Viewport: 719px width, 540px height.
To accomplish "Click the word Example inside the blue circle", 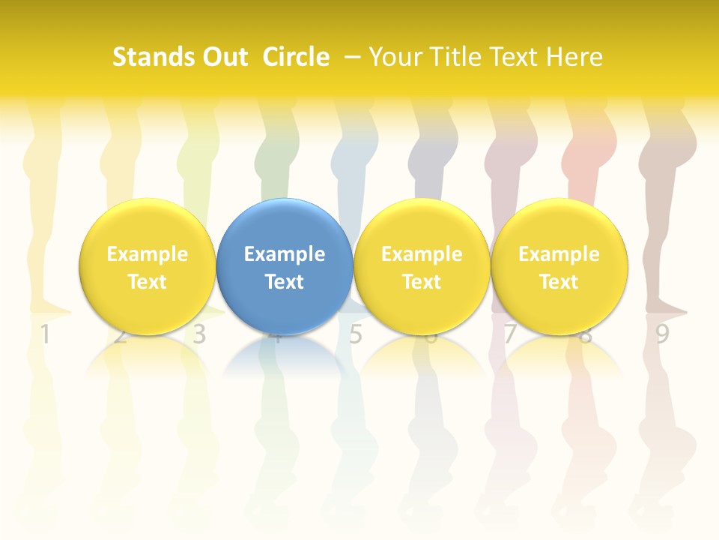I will point(285,254).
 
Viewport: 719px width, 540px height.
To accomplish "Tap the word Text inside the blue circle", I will point(285,282).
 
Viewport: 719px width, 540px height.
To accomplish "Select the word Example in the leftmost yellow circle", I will point(148,254).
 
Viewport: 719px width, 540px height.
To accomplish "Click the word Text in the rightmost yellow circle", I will point(559,282).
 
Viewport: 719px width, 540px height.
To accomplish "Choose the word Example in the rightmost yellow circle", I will point(559,254).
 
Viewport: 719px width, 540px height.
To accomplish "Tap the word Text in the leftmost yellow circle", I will point(148,282).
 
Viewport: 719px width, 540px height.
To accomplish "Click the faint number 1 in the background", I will point(45,334).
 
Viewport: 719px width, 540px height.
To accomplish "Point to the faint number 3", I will point(199,334).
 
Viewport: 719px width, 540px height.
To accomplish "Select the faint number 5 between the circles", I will point(355,334).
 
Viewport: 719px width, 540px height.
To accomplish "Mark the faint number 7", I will point(509,334).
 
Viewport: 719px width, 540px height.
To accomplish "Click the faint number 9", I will point(662,334).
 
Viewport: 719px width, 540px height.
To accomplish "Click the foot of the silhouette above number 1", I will point(52,307).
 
